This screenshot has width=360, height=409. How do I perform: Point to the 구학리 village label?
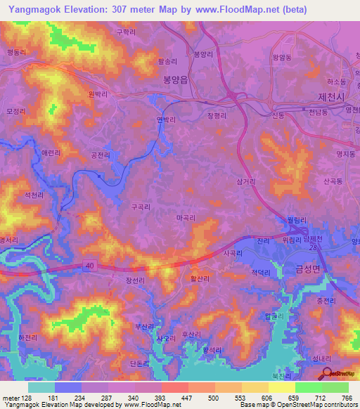coord(125,32)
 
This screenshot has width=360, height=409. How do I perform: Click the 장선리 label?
coord(135,280)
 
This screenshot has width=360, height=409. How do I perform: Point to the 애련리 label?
coord(51,152)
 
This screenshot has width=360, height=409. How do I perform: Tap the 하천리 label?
coord(27,337)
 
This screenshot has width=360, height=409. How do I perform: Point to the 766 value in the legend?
coord(345,398)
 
